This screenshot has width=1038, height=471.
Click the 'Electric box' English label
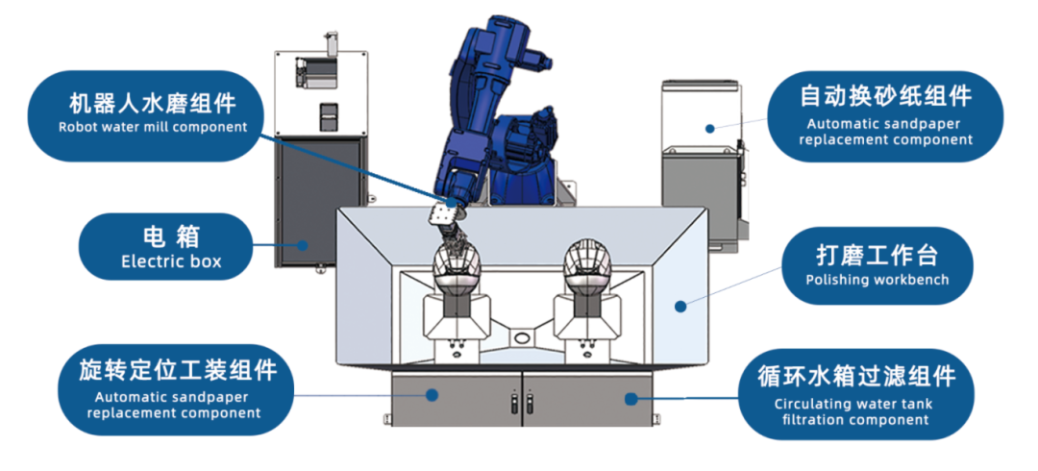(x=171, y=261)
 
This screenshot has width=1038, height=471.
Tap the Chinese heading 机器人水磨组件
(x=153, y=104)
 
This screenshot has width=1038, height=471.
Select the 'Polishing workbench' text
(x=877, y=280)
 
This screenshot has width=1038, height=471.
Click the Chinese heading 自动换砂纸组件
(x=886, y=97)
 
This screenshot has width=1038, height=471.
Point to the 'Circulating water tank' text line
(x=853, y=404)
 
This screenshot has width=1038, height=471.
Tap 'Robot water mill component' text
(x=153, y=127)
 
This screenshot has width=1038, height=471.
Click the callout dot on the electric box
(x=303, y=244)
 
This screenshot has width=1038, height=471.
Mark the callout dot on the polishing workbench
(x=680, y=306)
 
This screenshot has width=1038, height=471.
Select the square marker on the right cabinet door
(x=630, y=399)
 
